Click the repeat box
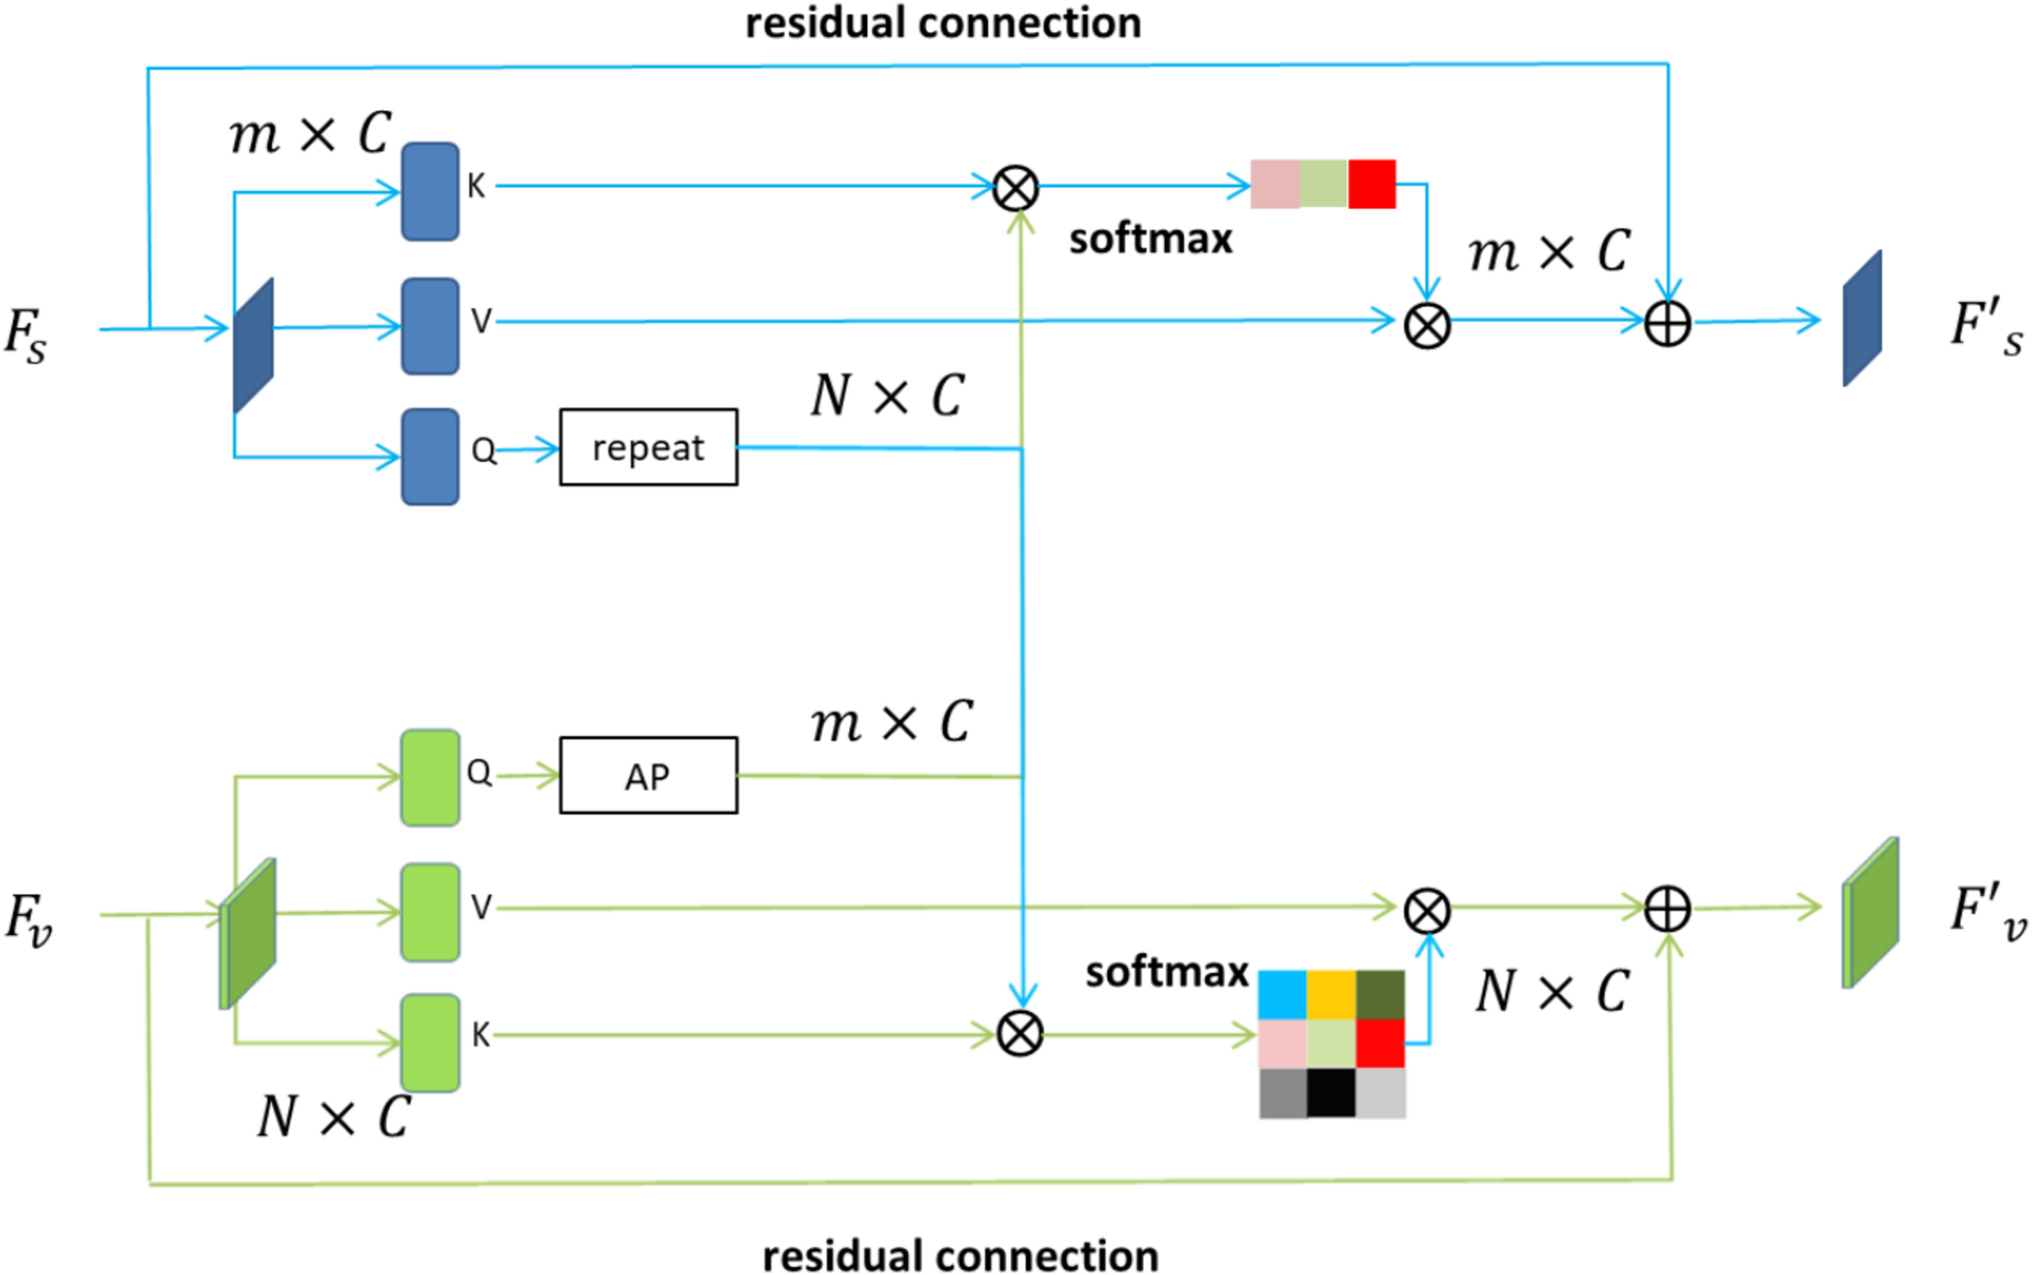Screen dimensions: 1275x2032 point(648,447)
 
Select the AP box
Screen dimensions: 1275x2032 point(648,775)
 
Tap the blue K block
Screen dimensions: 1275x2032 point(430,192)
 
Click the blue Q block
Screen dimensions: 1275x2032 point(430,457)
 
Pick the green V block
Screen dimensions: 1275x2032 point(430,912)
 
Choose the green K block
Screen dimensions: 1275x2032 point(430,1042)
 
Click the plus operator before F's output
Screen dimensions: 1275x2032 point(1667,323)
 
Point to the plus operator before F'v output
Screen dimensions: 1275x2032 point(1667,910)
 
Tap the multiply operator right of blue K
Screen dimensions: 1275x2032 point(1015,187)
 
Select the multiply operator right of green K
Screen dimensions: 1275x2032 point(1020,1034)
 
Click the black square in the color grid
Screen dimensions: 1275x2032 point(1331,1093)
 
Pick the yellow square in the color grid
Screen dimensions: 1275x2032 point(1331,994)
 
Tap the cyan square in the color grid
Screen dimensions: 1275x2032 point(1282,994)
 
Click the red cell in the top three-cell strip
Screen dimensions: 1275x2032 point(1372,184)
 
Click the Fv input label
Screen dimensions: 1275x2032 point(27,919)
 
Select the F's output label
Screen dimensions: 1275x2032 point(1986,327)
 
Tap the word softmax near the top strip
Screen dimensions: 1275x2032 point(1150,240)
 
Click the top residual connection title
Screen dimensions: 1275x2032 point(943,22)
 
